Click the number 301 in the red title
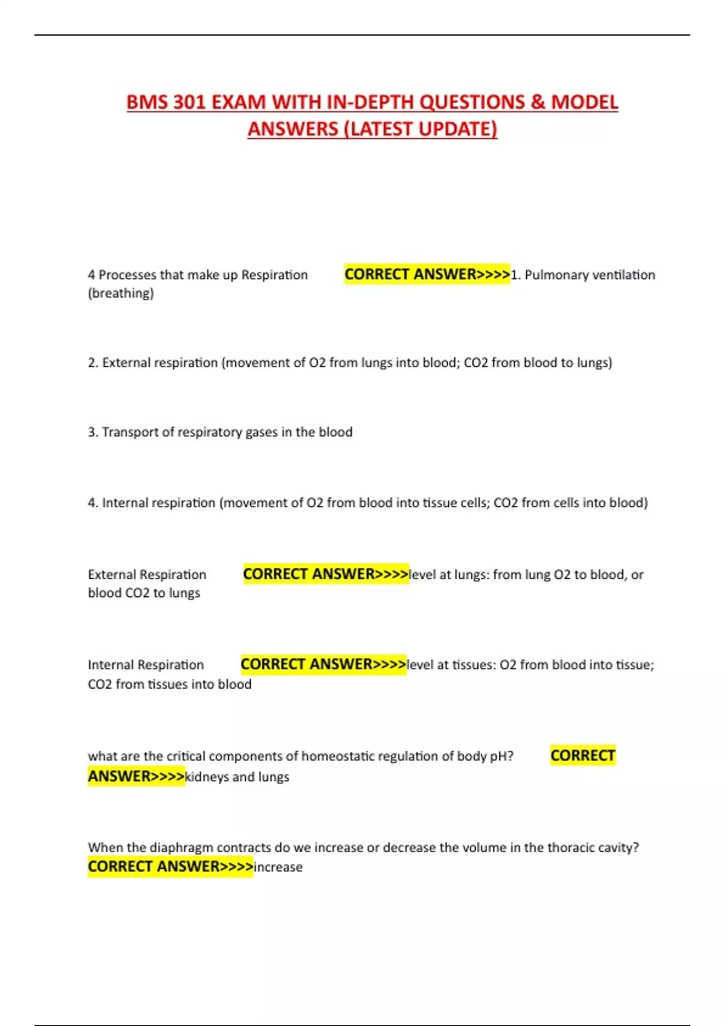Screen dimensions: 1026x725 click(188, 102)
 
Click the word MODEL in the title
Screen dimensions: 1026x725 click(584, 102)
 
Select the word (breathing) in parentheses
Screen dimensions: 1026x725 click(121, 293)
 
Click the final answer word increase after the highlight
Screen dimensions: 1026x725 click(279, 867)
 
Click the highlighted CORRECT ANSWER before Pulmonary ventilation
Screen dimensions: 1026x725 click(427, 275)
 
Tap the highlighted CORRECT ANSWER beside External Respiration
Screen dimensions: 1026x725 click(326, 574)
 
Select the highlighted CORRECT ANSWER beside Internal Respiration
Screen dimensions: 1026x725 click(323, 664)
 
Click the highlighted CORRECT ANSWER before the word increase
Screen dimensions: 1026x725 click(170, 867)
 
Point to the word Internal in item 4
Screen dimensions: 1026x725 click(124, 503)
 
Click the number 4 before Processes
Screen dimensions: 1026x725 click(91, 275)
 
